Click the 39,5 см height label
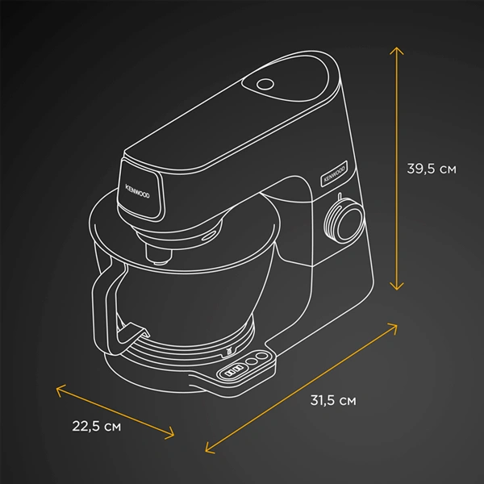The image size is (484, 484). coord(432,169)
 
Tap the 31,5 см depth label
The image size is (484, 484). coord(333,400)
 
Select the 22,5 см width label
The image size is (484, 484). coord(96,426)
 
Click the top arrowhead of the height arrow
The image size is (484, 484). coord(397,51)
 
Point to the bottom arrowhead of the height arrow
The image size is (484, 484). coord(397,286)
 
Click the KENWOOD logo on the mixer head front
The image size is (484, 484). coord(137,191)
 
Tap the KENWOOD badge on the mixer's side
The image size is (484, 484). coord(334,173)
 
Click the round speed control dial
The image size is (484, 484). coord(344,219)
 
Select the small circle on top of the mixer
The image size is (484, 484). coord(265,84)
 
